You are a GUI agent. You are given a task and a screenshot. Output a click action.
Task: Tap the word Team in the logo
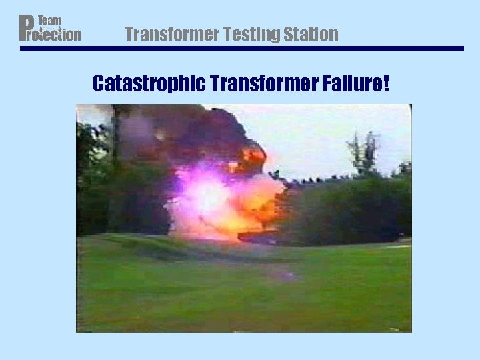pyautogui.click(x=49, y=21)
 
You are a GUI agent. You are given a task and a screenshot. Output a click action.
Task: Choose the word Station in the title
pyautogui.click(x=309, y=34)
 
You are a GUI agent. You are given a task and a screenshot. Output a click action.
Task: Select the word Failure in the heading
pyautogui.click(x=353, y=84)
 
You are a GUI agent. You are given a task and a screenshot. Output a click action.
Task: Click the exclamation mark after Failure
pyautogui.click(x=386, y=84)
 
